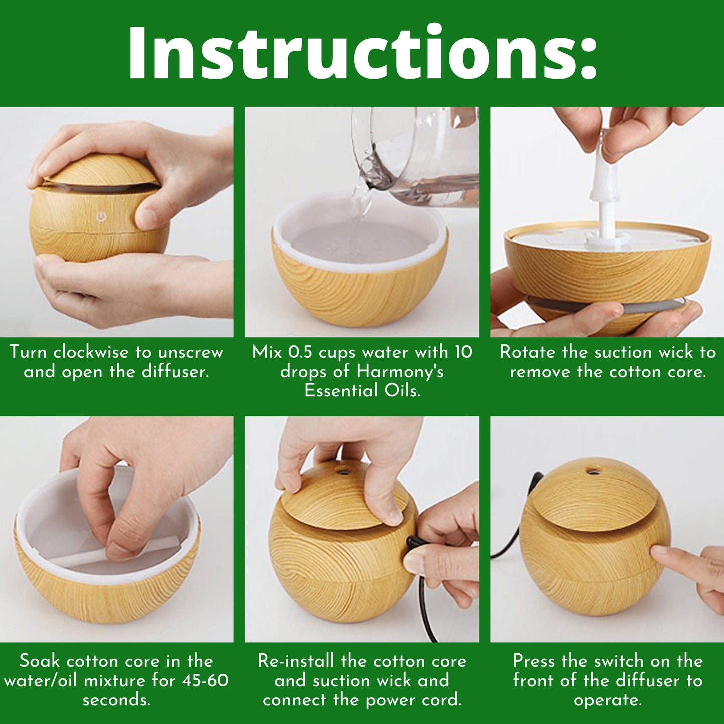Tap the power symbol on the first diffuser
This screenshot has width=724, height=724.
101,217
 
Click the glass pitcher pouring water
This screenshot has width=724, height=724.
413,158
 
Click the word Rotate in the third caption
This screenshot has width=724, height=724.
525,352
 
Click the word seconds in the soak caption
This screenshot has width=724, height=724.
116,700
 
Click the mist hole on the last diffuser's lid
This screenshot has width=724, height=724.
593,470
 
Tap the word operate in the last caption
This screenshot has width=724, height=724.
608,701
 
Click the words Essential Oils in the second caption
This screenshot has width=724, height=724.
362,391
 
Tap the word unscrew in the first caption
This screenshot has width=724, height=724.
191,353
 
